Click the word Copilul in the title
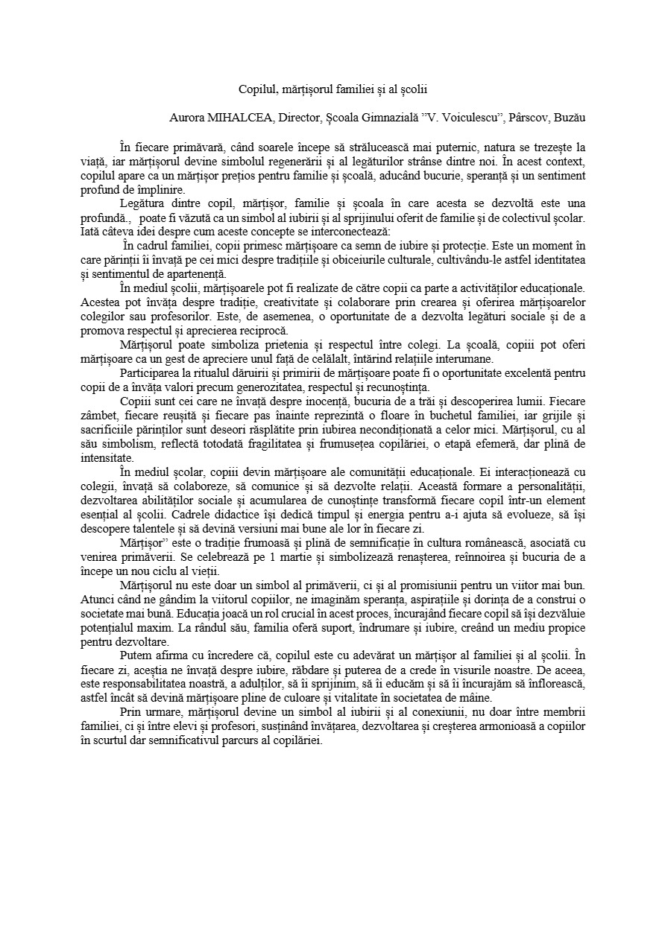point(256,89)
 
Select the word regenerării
point(330,161)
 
